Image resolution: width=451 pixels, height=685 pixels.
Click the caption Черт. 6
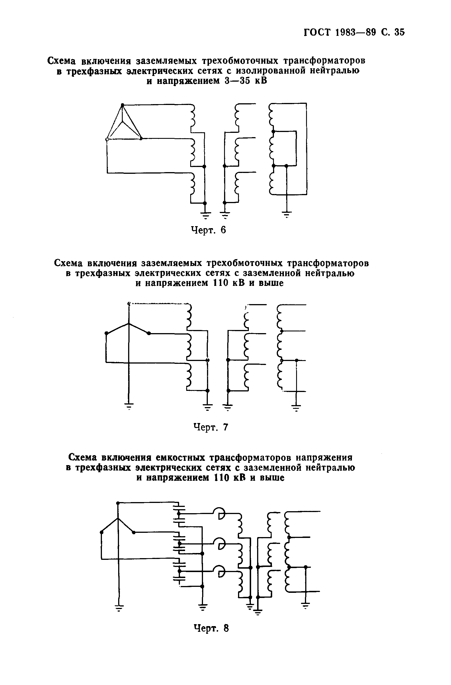[x=208, y=230]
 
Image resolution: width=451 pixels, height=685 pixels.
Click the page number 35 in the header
[x=399, y=32]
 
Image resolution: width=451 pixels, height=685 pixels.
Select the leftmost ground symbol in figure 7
[x=129, y=406]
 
